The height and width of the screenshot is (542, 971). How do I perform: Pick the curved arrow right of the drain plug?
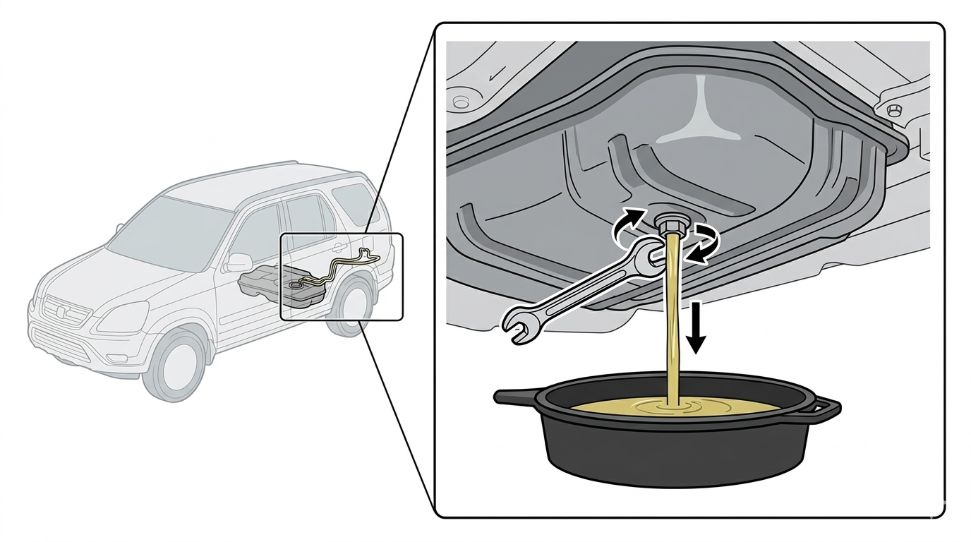click(x=706, y=243)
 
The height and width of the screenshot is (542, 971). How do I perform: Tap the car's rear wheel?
click(x=351, y=305)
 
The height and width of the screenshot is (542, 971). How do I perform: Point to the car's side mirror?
click(x=239, y=263)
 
